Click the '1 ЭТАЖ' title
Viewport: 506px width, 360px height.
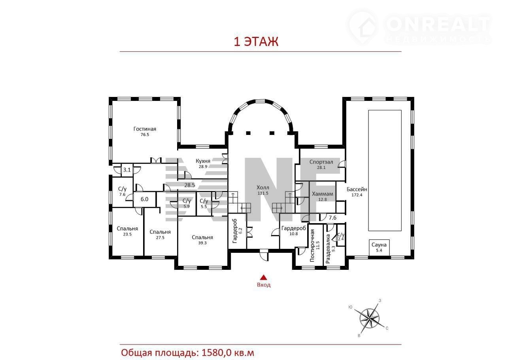[x=256, y=42]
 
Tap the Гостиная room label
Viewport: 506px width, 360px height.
[x=145, y=129]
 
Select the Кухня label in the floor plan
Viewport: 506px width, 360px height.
[x=203, y=161]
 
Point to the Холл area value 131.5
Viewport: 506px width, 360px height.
[x=263, y=193]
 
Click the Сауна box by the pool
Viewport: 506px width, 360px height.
[x=379, y=247]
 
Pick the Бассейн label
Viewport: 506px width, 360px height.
[x=357, y=189]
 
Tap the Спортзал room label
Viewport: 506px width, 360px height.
[x=321, y=162]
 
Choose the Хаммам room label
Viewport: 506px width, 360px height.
[x=323, y=194]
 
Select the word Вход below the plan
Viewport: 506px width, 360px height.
[x=264, y=285]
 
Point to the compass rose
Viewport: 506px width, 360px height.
[x=370, y=318]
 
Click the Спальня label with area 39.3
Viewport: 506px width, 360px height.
[x=202, y=237]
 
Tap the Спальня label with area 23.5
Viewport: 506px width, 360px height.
[x=127, y=229]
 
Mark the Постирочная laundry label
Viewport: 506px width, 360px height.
[x=312, y=245]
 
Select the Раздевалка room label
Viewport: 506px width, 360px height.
[x=328, y=249]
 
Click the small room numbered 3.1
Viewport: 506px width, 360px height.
[x=127, y=170]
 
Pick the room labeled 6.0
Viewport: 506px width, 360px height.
[x=144, y=199]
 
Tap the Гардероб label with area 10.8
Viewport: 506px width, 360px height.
[x=294, y=228]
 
